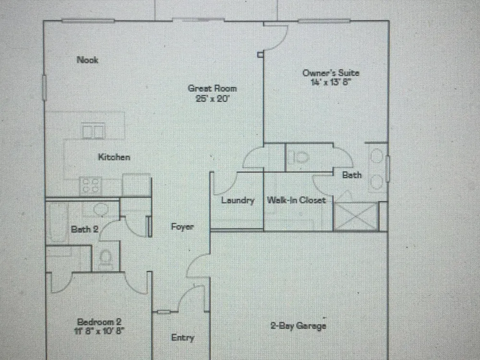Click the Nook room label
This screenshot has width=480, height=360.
tap(87, 60)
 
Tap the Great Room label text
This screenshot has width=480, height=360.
tap(213, 88)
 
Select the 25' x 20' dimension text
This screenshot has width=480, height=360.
tap(213, 98)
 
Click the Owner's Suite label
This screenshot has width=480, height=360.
tap(331, 73)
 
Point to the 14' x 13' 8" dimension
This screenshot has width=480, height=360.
tap(331, 82)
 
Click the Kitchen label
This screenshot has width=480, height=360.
tap(114, 157)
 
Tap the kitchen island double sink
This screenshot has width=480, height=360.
tap(94, 131)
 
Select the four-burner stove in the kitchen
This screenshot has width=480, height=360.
tap(91, 185)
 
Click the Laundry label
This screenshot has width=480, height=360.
tap(238, 200)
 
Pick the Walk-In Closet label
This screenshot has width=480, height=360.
tap(296, 200)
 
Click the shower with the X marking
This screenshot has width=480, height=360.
tap(356, 216)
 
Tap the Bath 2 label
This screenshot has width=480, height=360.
tap(84, 229)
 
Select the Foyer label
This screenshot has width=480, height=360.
tap(182, 227)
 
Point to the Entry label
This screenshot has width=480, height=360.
tap(182, 337)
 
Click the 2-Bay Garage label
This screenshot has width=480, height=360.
tap(298, 325)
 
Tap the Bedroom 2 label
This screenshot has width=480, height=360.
tap(99, 322)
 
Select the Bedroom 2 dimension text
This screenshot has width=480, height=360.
tap(99, 331)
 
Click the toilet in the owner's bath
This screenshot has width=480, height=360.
tap(298, 157)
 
